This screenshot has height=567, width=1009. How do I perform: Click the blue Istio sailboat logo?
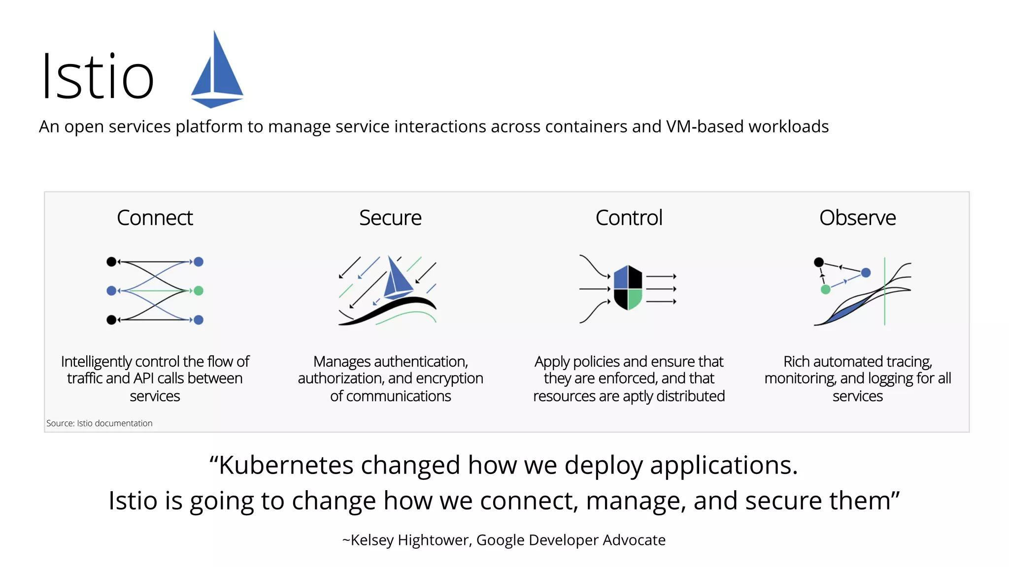click(217, 71)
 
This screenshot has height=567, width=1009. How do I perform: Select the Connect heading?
click(155, 218)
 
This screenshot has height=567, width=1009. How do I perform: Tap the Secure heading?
click(390, 218)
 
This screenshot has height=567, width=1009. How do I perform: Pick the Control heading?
click(629, 218)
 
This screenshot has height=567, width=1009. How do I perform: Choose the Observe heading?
click(857, 218)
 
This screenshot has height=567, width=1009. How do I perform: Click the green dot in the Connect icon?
click(199, 291)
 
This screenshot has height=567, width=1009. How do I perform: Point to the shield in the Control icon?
click(628, 288)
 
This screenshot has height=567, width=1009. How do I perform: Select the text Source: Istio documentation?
click(100, 423)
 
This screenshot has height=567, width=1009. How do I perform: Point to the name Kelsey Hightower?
click(410, 540)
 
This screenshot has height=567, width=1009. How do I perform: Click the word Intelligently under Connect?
click(97, 362)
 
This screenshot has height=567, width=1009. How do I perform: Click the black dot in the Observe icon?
click(819, 262)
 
